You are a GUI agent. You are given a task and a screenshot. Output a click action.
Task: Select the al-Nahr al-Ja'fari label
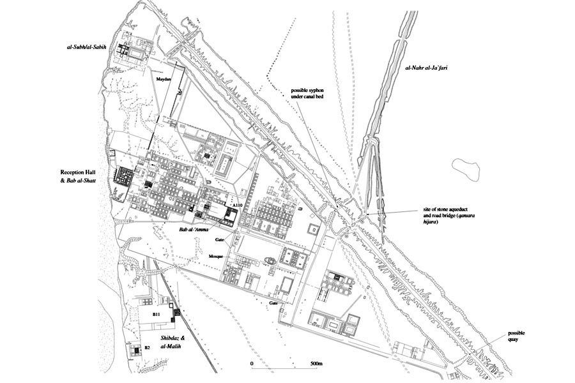click(x=427, y=68)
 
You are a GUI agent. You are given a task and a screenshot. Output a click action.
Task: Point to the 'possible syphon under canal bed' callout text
click(x=307, y=93)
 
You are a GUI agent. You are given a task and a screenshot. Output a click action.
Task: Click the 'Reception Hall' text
click(x=79, y=172)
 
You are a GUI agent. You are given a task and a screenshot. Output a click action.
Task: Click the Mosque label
click(x=216, y=257)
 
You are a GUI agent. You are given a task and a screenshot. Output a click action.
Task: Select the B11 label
click(x=157, y=314)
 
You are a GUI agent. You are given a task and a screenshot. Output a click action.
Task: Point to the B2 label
click(x=147, y=347)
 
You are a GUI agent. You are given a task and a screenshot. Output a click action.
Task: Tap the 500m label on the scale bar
click(x=316, y=364)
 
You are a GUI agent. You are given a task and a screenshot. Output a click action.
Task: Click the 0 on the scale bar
click(x=252, y=364)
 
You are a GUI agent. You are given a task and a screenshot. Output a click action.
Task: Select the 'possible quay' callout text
click(x=516, y=336)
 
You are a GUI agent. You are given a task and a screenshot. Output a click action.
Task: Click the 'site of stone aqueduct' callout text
click(x=445, y=210)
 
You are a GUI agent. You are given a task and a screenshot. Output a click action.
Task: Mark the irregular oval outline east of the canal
click(x=466, y=169)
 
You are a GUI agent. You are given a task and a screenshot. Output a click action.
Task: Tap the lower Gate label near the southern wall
click(x=273, y=303)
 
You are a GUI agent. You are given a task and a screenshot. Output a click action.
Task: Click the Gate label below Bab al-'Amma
click(x=220, y=239)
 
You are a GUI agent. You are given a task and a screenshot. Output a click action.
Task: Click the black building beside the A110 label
click(x=231, y=216)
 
